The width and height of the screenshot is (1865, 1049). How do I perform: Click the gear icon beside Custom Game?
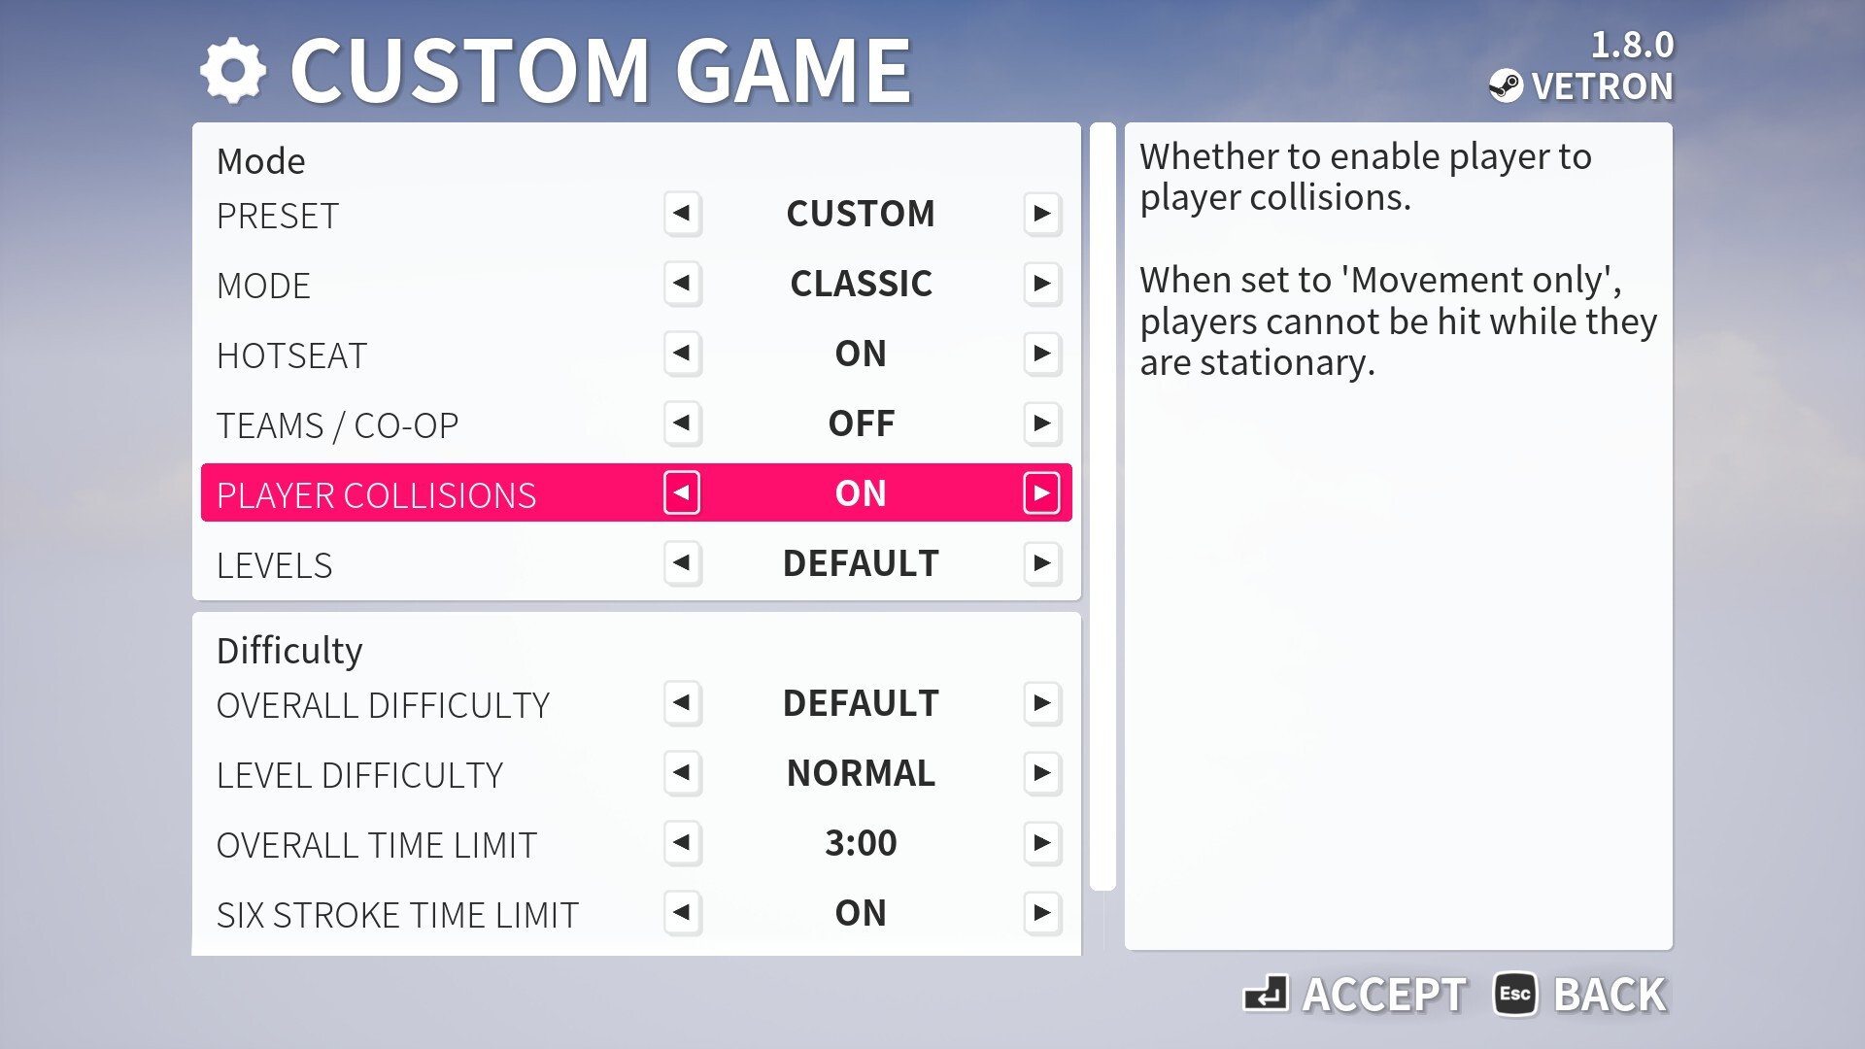point(232,71)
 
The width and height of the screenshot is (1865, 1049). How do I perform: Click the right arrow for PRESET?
point(1042,214)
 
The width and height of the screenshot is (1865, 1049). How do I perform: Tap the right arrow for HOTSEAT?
point(1042,354)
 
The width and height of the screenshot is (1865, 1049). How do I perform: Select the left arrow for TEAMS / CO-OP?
point(682,423)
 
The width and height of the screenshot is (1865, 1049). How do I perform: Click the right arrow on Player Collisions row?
point(1042,493)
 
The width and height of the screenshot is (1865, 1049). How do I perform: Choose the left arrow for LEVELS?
point(682,563)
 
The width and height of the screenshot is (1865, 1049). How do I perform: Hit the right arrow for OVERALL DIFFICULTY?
point(1042,703)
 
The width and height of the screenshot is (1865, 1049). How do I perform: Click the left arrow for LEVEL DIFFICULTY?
point(682,773)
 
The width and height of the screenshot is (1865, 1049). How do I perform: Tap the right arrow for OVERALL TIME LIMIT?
point(1042,843)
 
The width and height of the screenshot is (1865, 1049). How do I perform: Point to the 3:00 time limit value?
point(861,843)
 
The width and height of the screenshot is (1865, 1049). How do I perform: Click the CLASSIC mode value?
point(861,284)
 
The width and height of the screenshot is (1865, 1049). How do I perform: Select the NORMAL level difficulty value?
point(861,773)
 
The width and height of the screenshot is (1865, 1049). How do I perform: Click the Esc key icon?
point(1515,994)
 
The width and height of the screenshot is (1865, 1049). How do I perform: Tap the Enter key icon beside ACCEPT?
point(1266,994)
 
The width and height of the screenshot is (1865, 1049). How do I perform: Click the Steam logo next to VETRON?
point(1506,86)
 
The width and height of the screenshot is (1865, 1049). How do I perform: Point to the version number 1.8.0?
point(1632,45)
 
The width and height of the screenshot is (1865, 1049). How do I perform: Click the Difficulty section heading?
point(289,651)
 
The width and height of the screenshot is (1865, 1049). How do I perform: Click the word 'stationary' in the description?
point(1287,363)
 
